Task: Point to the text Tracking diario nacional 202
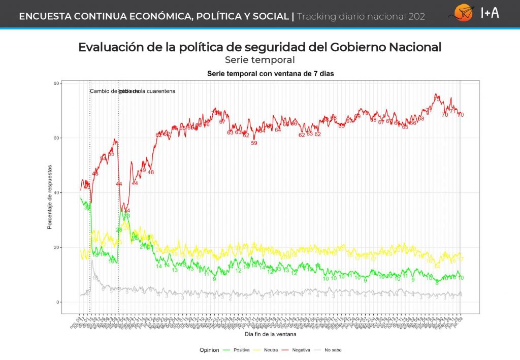point(361,16)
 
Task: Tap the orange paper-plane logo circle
point(463,13)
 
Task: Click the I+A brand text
point(490,13)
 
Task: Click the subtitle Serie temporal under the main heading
point(259,60)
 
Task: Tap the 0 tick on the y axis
point(58,302)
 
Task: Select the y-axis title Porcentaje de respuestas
point(50,196)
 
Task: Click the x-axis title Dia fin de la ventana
point(270,334)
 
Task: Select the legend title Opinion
point(209,350)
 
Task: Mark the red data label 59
point(254,143)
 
